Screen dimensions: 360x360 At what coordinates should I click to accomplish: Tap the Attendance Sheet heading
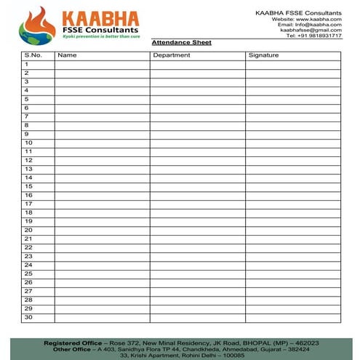(x=181, y=43)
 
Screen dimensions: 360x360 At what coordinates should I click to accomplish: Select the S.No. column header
(x=33, y=55)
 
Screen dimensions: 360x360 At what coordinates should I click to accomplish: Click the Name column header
(x=67, y=55)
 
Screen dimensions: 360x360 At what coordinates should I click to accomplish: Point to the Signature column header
(x=263, y=55)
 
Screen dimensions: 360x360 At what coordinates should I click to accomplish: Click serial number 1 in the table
(x=27, y=64)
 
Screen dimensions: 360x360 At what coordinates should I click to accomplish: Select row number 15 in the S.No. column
(x=28, y=186)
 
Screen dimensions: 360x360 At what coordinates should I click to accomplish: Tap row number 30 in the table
(x=28, y=317)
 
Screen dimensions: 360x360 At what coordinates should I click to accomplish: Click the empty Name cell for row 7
(x=102, y=116)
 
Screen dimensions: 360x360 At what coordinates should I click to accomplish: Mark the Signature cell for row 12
(x=292, y=160)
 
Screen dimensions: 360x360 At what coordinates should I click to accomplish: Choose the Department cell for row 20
(x=197, y=230)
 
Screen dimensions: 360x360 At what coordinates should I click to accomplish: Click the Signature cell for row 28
(x=292, y=300)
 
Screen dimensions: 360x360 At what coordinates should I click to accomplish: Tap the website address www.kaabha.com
(x=321, y=18)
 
